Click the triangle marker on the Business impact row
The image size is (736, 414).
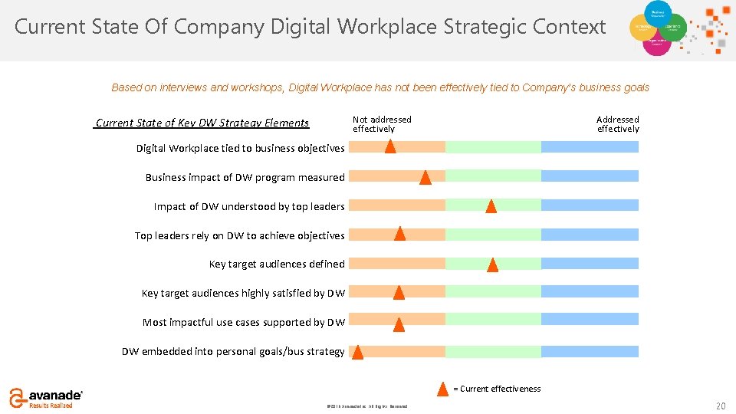click(x=425, y=178)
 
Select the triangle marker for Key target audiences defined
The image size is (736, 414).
click(x=492, y=265)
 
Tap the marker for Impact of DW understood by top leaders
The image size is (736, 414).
click(x=491, y=206)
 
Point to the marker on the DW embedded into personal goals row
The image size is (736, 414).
click(x=357, y=352)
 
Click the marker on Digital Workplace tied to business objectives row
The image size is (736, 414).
click(x=390, y=146)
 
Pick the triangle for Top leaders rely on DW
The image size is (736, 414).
click(x=399, y=234)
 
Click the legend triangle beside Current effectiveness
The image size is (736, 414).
click(x=442, y=389)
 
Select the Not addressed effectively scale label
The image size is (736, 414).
click(x=382, y=124)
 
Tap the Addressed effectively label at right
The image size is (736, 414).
click(x=618, y=124)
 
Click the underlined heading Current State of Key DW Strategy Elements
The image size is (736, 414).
click(x=202, y=123)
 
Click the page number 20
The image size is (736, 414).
click(x=719, y=405)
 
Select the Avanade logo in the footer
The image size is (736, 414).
click(x=46, y=397)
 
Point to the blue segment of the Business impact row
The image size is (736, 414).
click(x=590, y=176)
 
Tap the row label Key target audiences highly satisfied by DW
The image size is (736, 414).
click(x=243, y=294)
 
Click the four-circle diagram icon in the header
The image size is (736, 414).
click(x=657, y=28)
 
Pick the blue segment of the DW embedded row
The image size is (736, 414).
click(x=590, y=352)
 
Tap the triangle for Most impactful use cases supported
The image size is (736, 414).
click(x=399, y=324)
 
